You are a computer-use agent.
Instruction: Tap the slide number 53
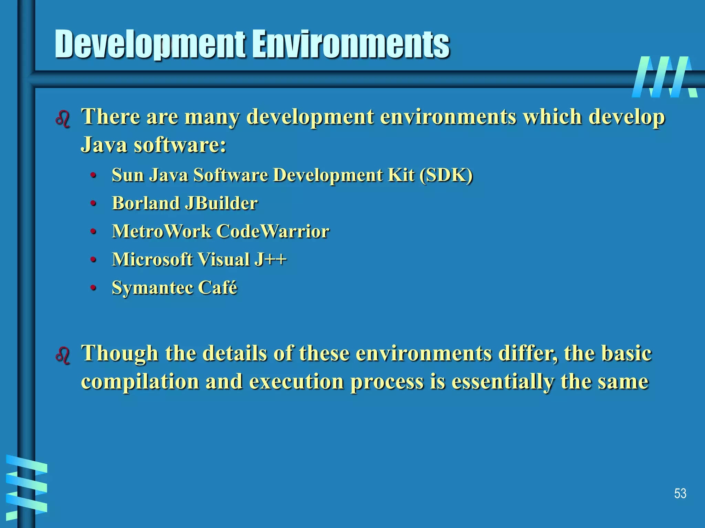click(x=680, y=494)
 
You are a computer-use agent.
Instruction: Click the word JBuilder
click(x=221, y=203)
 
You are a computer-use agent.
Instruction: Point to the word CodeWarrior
click(x=273, y=231)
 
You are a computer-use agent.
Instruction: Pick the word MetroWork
click(x=161, y=231)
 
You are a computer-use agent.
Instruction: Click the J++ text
click(x=270, y=260)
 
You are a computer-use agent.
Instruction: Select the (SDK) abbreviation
click(x=446, y=175)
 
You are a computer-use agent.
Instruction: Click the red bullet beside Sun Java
click(x=93, y=176)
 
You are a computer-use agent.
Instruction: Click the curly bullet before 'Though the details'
click(x=63, y=356)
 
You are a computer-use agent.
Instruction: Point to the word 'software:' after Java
click(x=180, y=145)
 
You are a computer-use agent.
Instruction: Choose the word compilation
click(x=140, y=382)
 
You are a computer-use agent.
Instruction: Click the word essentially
click(x=503, y=382)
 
